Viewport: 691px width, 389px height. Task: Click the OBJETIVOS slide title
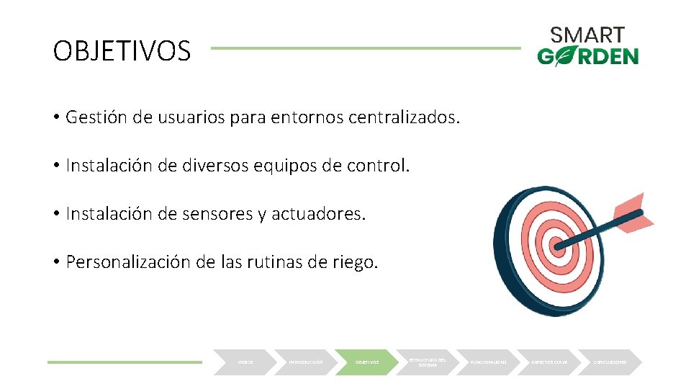122,51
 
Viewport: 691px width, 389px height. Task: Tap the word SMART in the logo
587,35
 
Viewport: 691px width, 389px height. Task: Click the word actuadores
319,213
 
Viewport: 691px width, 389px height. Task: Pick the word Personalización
128,261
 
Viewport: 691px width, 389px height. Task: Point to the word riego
353,261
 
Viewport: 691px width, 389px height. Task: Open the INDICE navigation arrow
244,362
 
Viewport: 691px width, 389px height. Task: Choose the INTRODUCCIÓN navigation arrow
305,362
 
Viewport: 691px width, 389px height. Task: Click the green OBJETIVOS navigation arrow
367,362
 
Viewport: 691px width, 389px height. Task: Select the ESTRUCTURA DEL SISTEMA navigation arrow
428,362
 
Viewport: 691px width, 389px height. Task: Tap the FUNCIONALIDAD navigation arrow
489,362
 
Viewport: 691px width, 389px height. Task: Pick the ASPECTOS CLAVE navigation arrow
550,362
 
